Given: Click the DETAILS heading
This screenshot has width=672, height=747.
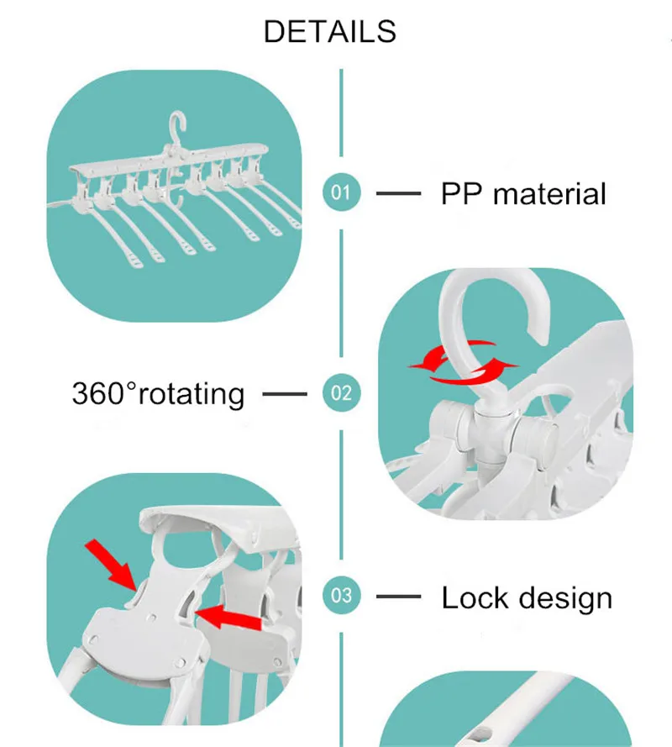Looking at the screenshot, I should tap(329, 31).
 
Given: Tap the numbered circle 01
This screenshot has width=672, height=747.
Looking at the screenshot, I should tap(340, 192).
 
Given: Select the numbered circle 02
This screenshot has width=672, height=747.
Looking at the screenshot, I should tap(340, 392).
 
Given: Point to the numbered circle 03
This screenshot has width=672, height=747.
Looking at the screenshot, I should tap(340, 597).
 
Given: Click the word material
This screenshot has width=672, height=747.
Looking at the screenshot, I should tap(549, 194).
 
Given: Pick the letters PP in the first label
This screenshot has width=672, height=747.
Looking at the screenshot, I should tap(461, 194).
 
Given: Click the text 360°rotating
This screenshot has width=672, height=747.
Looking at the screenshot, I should tap(158, 393).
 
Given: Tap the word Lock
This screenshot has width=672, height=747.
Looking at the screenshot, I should tap(476, 598).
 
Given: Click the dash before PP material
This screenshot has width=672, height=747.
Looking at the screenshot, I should tap(398, 193).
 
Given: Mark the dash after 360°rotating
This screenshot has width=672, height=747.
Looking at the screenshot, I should tap(285, 392).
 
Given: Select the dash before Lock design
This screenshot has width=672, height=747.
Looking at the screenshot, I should tap(398, 597).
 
